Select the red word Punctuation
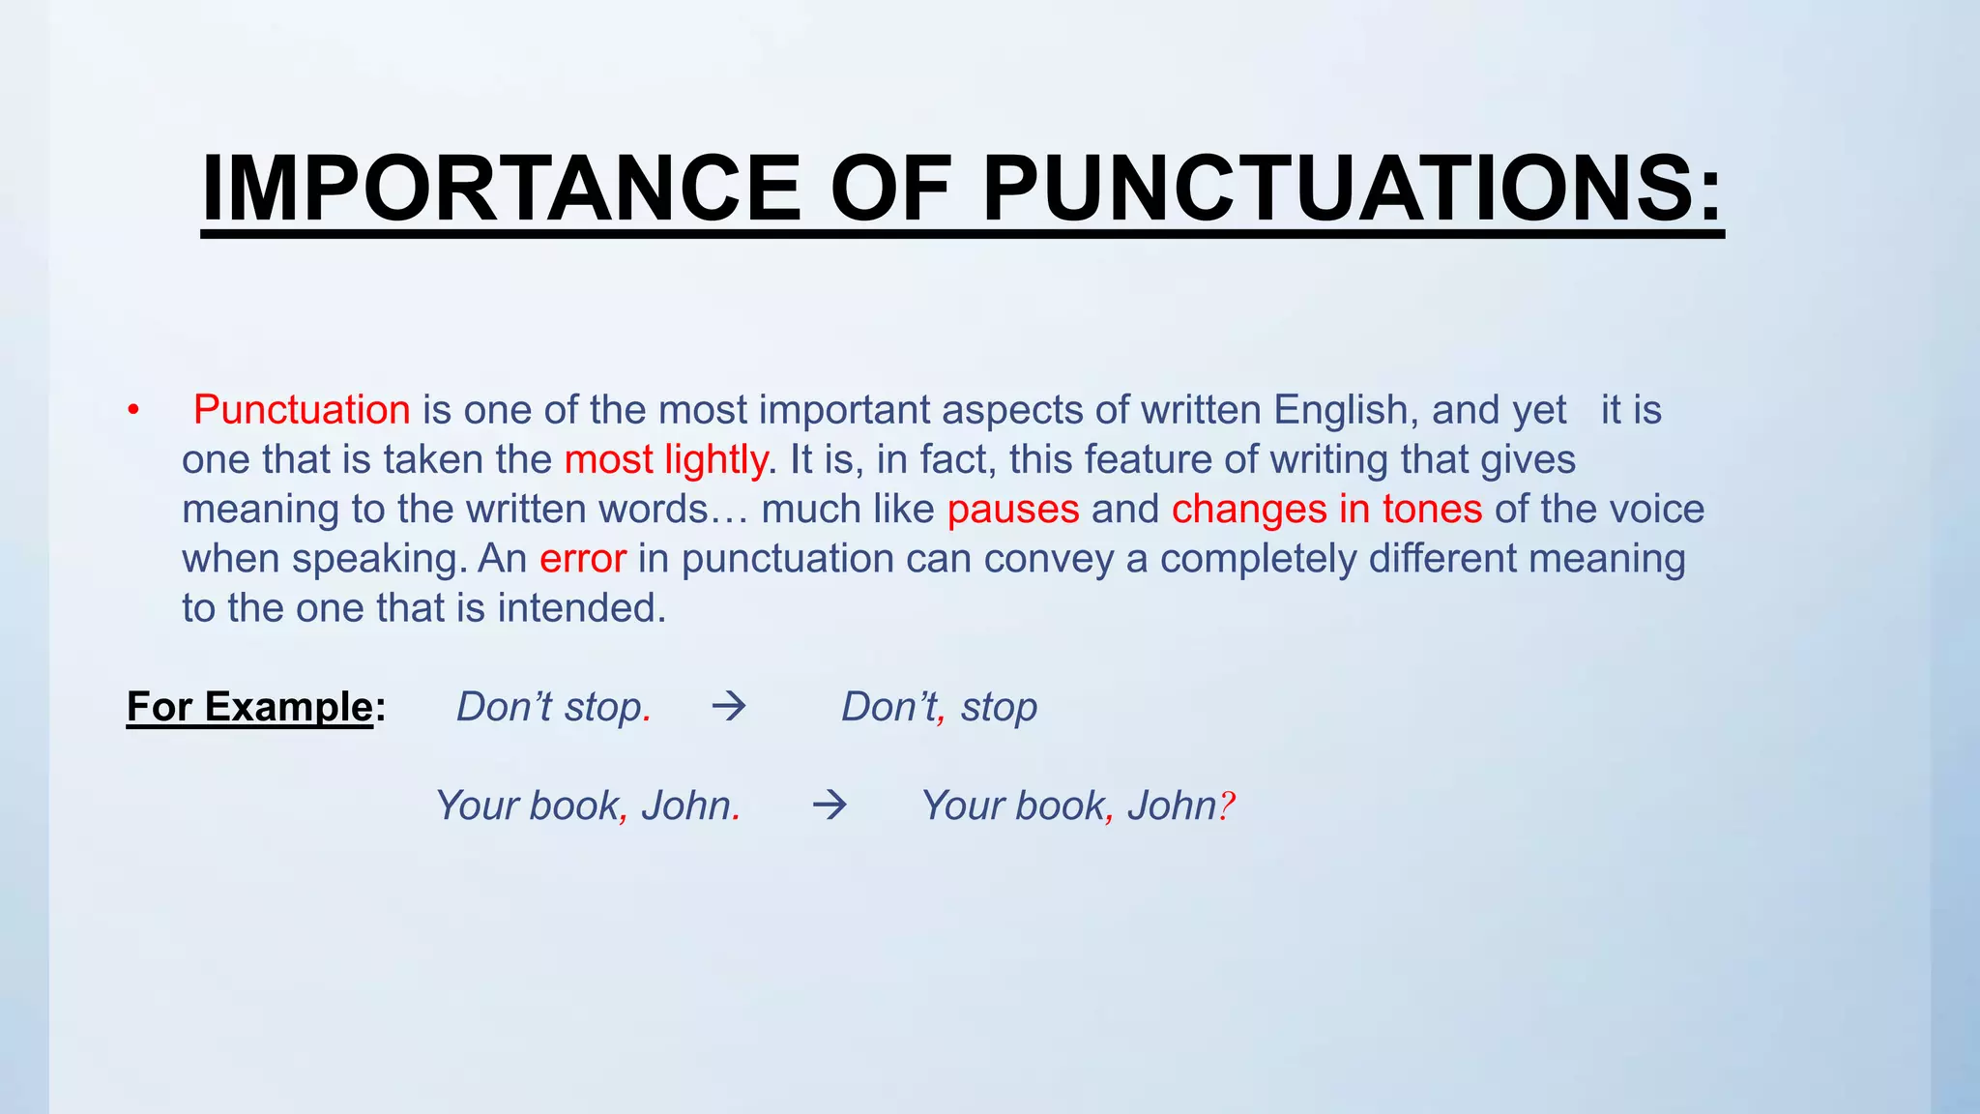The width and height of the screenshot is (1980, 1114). [302, 410]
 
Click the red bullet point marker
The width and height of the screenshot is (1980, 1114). [133, 410]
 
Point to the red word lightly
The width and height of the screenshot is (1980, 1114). [715, 460]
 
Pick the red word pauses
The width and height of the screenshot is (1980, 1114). [1013, 510]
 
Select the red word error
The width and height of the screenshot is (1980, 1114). [583, 559]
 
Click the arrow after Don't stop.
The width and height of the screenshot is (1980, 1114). [729, 707]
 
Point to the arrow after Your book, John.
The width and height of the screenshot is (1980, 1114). [830, 805]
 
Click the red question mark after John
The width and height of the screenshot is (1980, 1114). [1226, 806]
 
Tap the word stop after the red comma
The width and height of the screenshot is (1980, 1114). [999, 708]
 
